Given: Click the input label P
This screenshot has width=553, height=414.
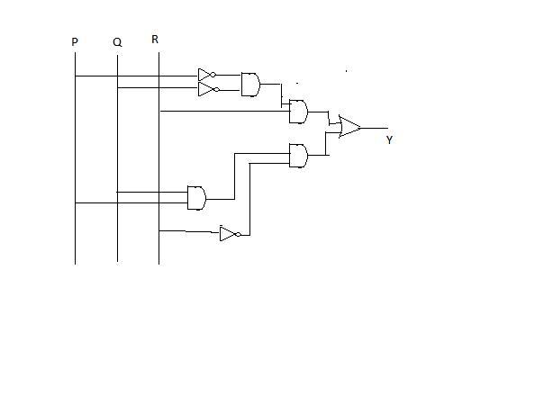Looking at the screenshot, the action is tap(75, 42).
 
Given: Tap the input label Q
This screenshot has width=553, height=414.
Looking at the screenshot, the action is tap(117, 42).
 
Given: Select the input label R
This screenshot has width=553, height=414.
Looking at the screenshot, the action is tap(155, 39).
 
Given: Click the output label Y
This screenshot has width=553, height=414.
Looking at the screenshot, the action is tap(389, 139).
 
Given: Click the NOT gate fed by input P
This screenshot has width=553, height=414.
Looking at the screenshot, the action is tap(206, 75).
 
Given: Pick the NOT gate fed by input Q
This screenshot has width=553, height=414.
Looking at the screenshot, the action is tap(208, 89).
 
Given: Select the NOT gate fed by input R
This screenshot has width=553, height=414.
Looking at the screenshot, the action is tap(230, 234).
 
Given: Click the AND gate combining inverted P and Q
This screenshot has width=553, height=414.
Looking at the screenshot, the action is tap(250, 85).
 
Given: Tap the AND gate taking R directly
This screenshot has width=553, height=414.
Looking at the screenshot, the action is tap(298, 112).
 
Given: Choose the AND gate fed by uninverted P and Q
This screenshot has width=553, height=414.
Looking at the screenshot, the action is tap(197, 198).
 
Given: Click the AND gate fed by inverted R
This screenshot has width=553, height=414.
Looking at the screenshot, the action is tap(298, 156).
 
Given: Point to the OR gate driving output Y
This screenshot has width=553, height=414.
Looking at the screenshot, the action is tap(349, 127).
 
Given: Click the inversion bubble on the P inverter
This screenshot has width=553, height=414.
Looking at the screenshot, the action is tap(213, 75).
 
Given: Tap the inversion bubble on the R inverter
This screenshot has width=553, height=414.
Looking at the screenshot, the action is tap(239, 234).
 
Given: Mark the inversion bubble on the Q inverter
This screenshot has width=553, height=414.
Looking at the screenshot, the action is tap(217, 89).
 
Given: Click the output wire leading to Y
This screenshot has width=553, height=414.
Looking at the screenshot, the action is tap(375, 129).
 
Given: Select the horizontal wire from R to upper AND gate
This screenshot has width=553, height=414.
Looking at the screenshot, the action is tap(225, 112).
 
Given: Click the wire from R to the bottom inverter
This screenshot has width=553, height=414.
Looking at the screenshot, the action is tap(189, 231).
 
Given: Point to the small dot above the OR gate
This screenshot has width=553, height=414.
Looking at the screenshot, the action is tap(347, 71).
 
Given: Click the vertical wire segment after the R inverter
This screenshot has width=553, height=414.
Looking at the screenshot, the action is tap(250, 199).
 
